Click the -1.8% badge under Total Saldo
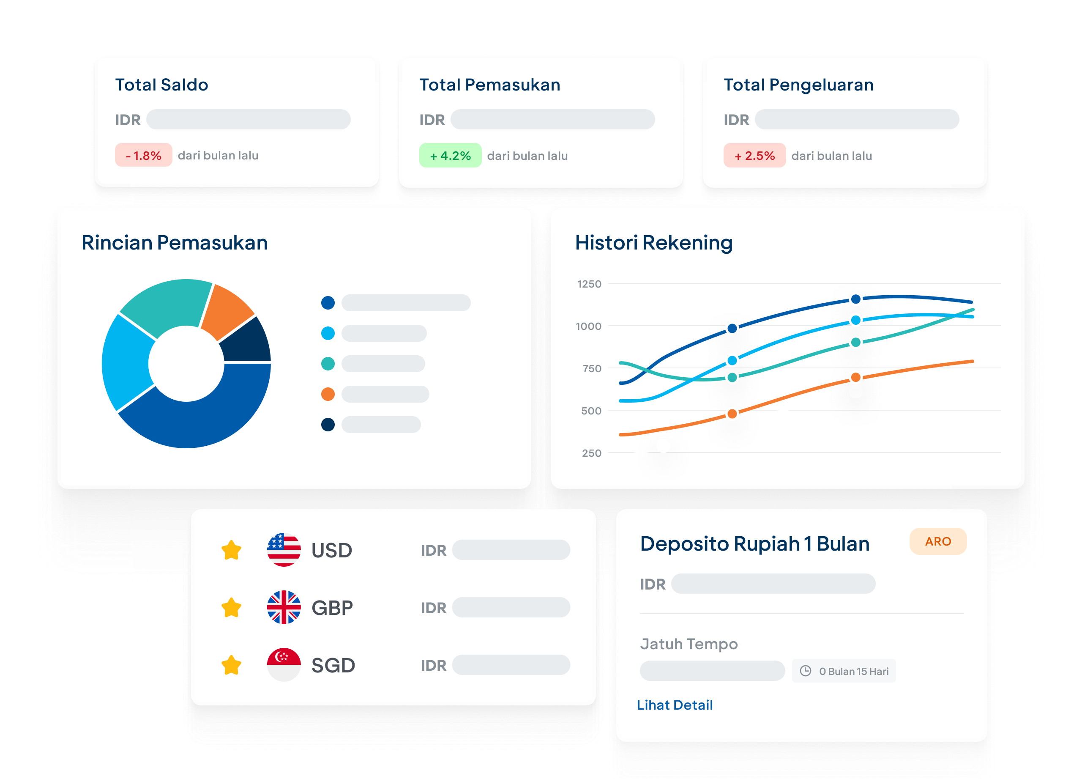click(x=143, y=155)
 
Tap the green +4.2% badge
click(x=450, y=156)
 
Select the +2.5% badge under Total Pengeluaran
click(x=754, y=156)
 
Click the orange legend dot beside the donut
click(x=328, y=394)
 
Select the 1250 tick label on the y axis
click(x=589, y=284)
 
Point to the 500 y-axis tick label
click(x=591, y=411)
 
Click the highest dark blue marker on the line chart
click(x=856, y=299)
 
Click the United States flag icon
click(x=284, y=550)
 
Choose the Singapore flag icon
click(x=284, y=664)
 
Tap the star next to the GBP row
click(x=231, y=608)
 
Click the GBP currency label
click(x=332, y=608)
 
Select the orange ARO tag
click(x=938, y=541)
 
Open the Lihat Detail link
click(x=675, y=705)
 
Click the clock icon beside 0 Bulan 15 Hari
click(x=805, y=671)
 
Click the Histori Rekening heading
click(x=653, y=242)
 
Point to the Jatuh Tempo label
click(x=689, y=644)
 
